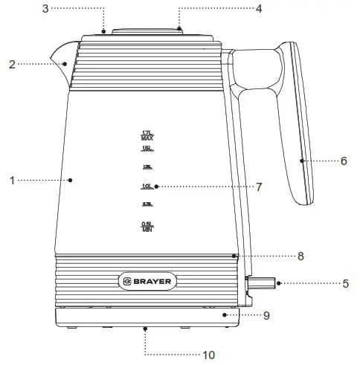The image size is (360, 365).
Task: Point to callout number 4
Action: [259, 9]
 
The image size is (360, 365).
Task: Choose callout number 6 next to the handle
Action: [344, 161]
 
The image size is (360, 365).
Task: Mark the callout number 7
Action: [258, 187]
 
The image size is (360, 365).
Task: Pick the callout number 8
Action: [300, 256]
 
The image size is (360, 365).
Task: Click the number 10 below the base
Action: [209, 355]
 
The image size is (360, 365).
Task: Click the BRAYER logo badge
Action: [147, 282]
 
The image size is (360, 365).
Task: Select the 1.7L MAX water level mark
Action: [147, 135]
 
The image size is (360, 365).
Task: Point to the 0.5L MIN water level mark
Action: [147, 227]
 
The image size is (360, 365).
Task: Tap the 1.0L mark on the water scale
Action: [147, 186]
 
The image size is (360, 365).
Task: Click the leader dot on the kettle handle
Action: [302, 160]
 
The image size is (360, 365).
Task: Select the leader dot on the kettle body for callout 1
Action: [70, 179]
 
